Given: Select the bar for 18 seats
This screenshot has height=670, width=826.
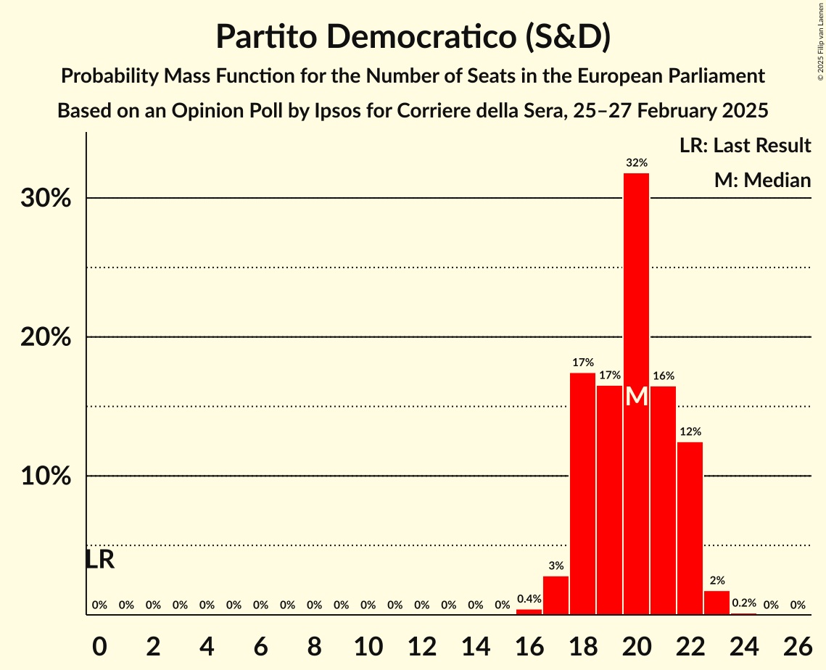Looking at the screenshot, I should (582, 493).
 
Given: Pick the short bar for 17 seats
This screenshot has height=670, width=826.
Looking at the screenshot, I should (556, 595).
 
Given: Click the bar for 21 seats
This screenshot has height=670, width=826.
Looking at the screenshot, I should (663, 500).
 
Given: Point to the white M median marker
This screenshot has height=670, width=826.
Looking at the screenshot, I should (636, 397).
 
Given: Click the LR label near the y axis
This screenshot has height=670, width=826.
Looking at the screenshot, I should (99, 560).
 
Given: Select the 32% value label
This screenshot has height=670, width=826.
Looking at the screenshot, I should (636, 163).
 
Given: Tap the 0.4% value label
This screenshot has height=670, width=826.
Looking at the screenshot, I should (529, 599).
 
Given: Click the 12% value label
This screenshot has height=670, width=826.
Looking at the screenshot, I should (690, 431).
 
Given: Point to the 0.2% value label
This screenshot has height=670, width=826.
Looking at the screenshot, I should (743, 603).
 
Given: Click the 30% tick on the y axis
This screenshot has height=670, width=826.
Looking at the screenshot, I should (46, 198).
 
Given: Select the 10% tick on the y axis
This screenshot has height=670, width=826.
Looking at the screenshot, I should (46, 476).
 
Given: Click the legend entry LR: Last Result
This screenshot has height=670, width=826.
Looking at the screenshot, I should (745, 146).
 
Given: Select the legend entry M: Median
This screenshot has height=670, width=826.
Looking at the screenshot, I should (762, 181).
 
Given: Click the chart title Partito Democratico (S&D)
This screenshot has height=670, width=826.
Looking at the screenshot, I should (413, 36).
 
